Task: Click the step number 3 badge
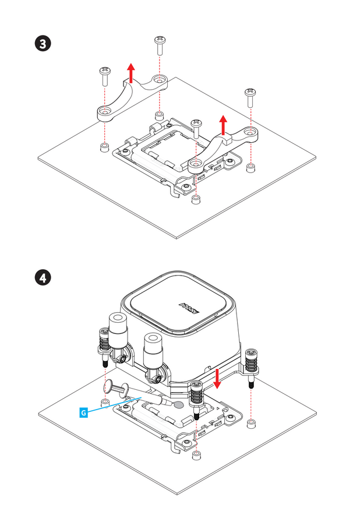click(43, 45)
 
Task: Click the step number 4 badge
click(43, 278)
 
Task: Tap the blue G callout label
click(83, 413)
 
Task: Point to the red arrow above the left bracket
click(132, 73)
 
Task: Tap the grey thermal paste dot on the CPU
click(179, 403)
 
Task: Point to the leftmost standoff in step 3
click(104, 147)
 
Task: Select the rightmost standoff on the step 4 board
click(251, 421)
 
